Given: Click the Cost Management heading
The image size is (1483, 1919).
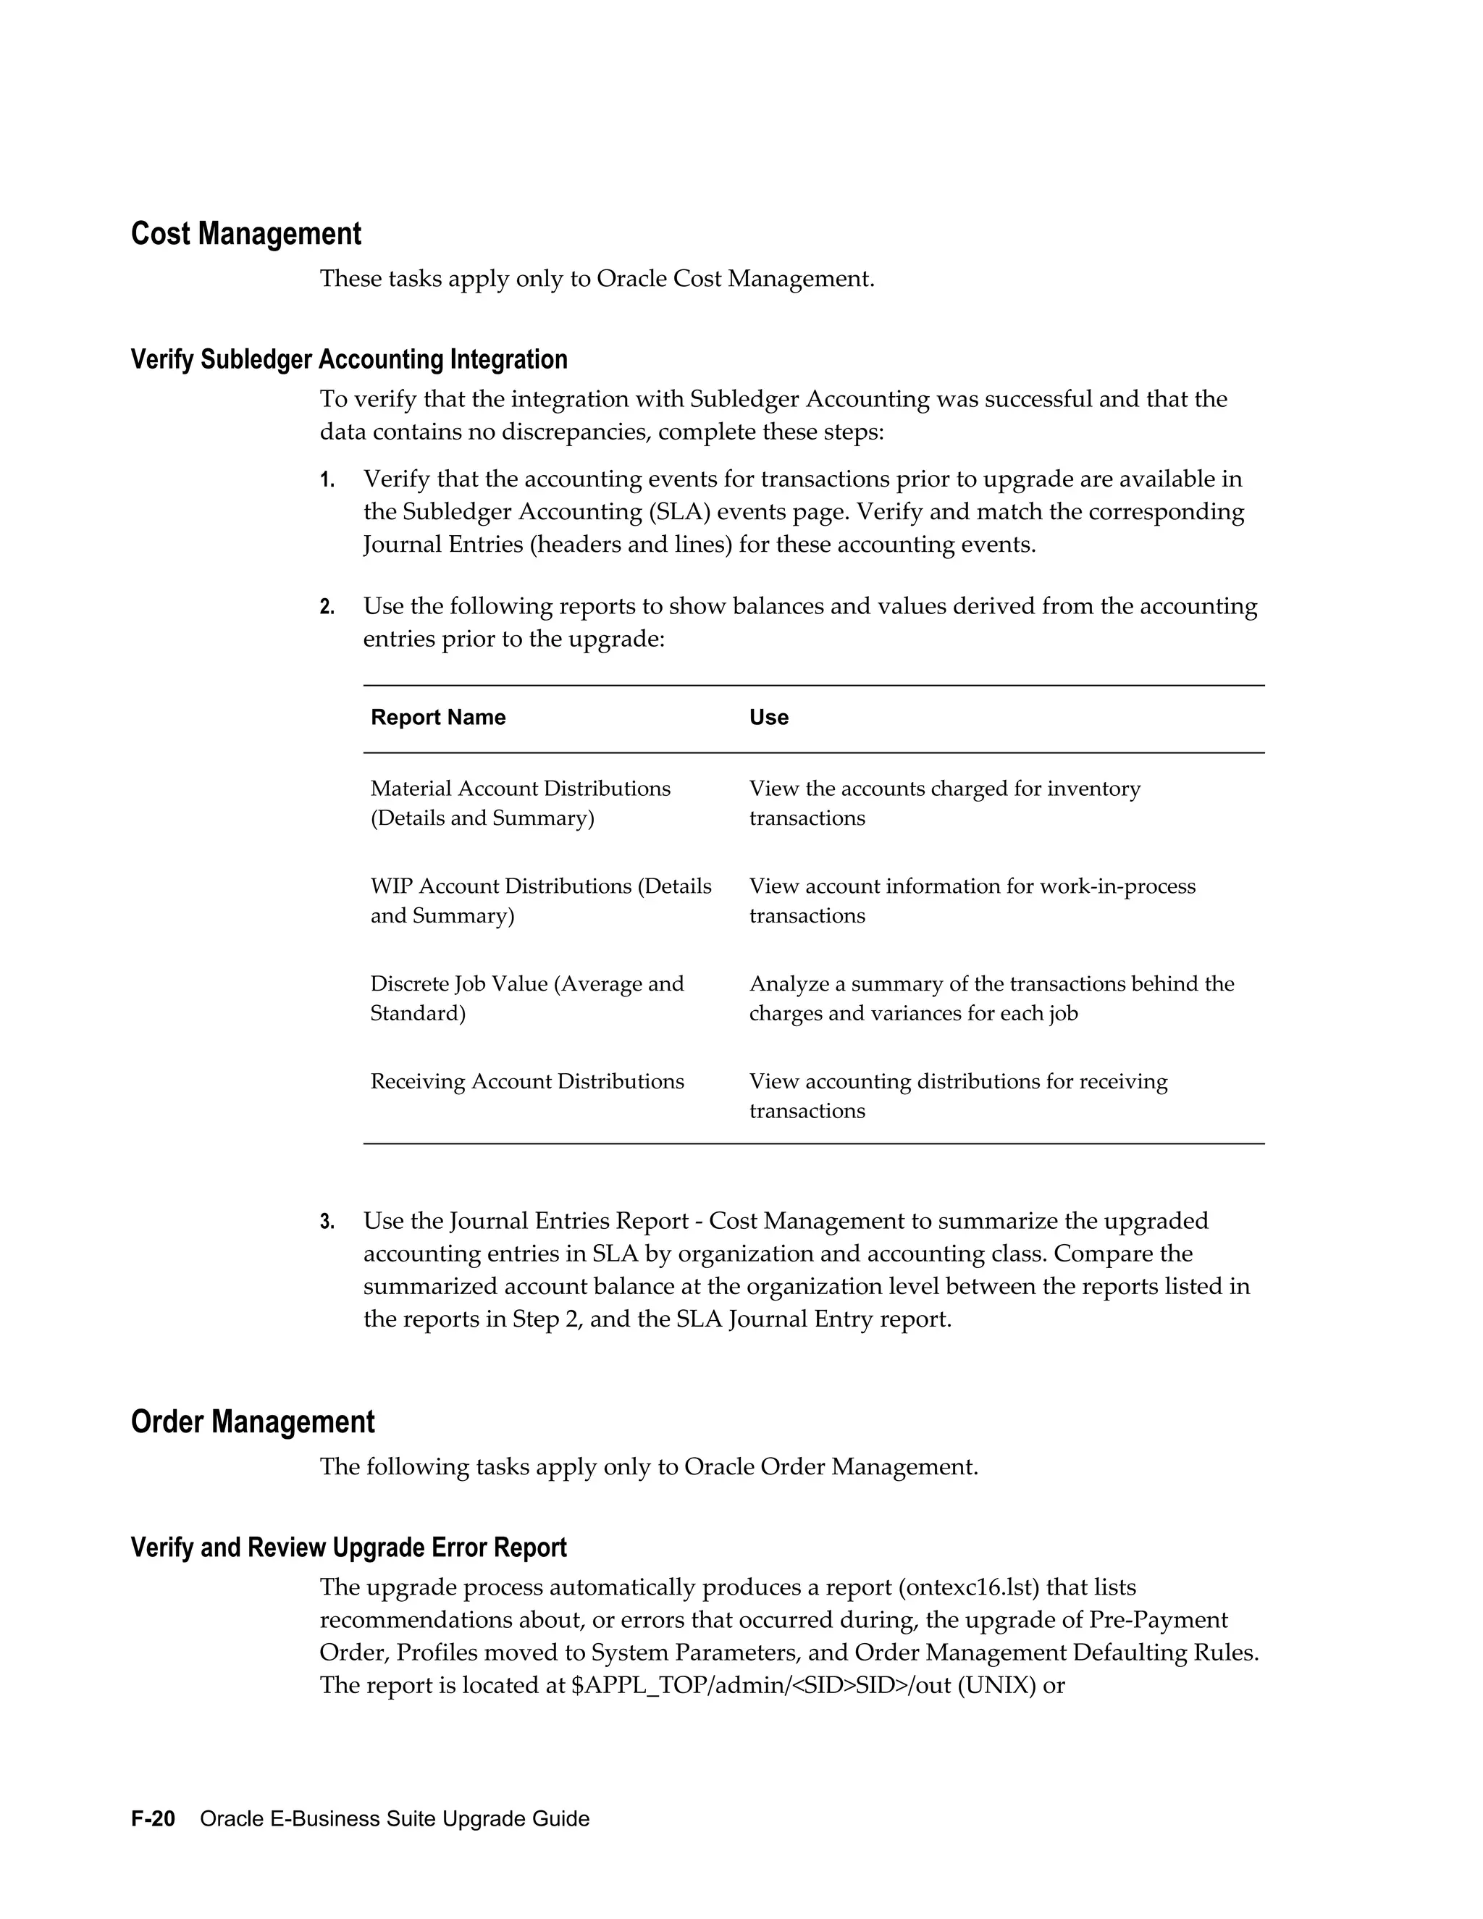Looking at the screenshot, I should point(246,234).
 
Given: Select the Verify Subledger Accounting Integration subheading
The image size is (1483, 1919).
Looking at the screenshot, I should point(349,359).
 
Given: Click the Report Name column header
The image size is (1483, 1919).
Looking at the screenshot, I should point(437,717).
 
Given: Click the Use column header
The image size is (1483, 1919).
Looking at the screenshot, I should point(769,717).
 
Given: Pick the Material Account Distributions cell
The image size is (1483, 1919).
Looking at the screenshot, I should point(520,802).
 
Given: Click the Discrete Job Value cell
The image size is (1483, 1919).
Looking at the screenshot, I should point(527,997).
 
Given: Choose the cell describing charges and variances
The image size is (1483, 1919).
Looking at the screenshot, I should point(991,997).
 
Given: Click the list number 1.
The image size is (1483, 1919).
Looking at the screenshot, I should point(327,479).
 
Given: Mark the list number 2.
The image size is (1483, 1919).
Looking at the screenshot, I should point(327,607).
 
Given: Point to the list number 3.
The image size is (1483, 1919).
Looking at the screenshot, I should point(327,1222).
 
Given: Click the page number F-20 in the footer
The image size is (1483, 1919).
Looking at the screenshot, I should point(153,1819).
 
